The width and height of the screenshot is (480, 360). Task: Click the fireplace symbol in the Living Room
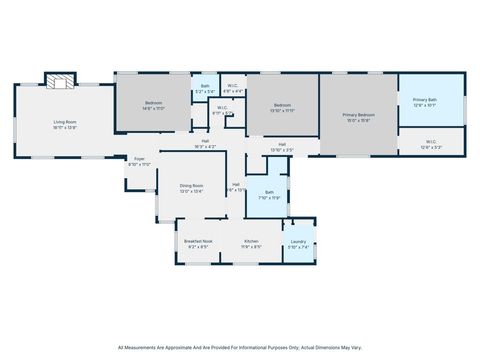pyautogui.click(x=60, y=81)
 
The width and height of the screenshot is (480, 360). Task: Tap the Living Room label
pyautogui.click(x=65, y=122)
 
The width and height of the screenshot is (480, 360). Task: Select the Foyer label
pyautogui.click(x=140, y=158)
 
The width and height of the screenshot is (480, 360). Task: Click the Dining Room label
pyautogui.click(x=191, y=185)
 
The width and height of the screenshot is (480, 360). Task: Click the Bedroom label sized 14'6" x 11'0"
pyautogui.click(x=154, y=103)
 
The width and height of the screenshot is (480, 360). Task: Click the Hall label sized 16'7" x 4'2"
pyautogui.click(x=204, y=141)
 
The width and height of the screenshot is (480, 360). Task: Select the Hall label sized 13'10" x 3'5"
pyautogui.click(x=283, y=146)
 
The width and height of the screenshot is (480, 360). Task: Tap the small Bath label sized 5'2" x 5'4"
pyautogui.click(x=204, y=86)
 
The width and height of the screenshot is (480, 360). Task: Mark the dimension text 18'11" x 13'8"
pyautogui.click(x=65, y=128)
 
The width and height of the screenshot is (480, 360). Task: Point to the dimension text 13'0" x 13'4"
pyautogui.click(x=191, y=191)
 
